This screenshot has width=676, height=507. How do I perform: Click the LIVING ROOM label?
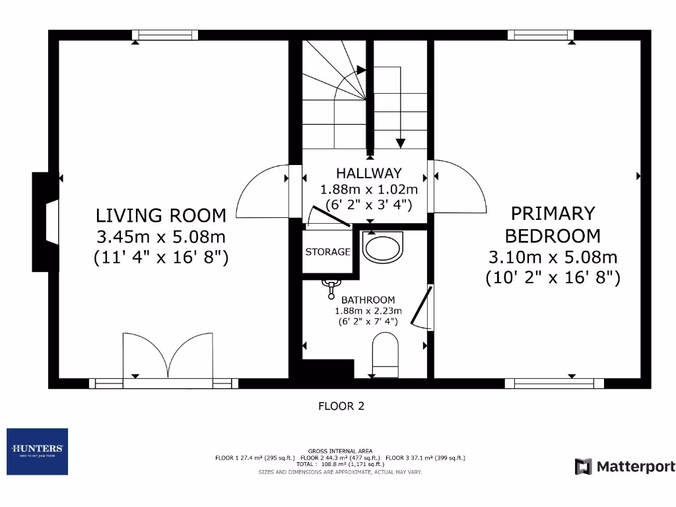tap(161, 215)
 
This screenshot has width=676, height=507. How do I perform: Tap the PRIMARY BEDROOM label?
tap(553, 224)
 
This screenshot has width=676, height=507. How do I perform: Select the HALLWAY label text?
tap(368, 174)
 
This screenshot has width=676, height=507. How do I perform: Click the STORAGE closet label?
tap(327, 252)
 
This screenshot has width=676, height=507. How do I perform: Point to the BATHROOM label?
tap(368, 300)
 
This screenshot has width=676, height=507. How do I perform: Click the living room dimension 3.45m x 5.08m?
tap(161, 236)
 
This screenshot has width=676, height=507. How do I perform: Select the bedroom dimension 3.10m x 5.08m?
tap(553, 257)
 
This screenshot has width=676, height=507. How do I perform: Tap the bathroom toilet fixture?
tap(386, 353)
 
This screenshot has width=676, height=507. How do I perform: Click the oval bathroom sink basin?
tap(382, 249)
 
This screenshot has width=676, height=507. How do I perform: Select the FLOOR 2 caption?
tap(341, 406)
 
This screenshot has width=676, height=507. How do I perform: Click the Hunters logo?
tap(37, 452)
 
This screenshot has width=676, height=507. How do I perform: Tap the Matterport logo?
tap(625, 467)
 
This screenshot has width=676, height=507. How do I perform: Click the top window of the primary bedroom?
tap(540, 35)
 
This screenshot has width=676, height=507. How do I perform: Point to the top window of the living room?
tap(164, 35)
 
